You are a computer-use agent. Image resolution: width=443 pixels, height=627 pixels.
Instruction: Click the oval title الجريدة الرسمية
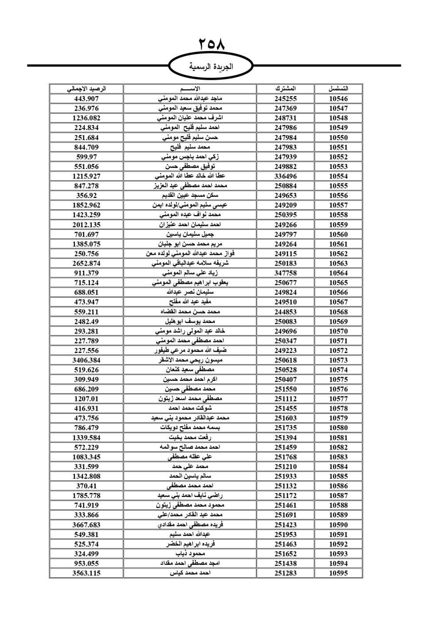point(211,67)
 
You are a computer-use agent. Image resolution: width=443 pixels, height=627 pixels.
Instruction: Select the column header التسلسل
point(338,89)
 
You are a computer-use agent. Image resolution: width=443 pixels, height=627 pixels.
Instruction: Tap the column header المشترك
point(285,89)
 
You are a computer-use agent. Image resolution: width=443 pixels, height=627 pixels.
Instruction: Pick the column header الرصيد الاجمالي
point(86,89)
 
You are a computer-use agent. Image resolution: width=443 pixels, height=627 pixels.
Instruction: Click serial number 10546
point(338,99)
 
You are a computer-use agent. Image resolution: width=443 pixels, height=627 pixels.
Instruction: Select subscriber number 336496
point(285,176)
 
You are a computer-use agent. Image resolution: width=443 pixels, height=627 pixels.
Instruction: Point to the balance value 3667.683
point(86,525)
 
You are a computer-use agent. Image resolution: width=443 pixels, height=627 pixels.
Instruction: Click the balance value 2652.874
point(86,263)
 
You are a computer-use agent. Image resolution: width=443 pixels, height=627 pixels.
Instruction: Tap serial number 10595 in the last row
point(338,573)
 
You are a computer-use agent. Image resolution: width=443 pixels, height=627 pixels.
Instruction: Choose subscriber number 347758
point(285,273)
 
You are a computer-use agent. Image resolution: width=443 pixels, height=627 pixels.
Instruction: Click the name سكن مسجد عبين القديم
point(191,196)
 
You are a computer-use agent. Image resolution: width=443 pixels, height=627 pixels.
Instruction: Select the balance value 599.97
point(86,157)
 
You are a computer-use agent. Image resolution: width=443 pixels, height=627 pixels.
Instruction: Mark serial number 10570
point(338,331)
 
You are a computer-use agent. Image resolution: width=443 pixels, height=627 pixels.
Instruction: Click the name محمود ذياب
point(190,554)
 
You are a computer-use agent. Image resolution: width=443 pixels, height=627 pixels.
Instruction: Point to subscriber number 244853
point(285,312)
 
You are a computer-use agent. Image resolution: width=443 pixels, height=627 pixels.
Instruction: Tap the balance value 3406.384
point(86,360)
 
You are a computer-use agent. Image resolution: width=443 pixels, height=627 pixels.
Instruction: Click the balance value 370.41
point(86,486)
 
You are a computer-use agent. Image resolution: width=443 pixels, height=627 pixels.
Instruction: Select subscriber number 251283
point(285,573)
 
